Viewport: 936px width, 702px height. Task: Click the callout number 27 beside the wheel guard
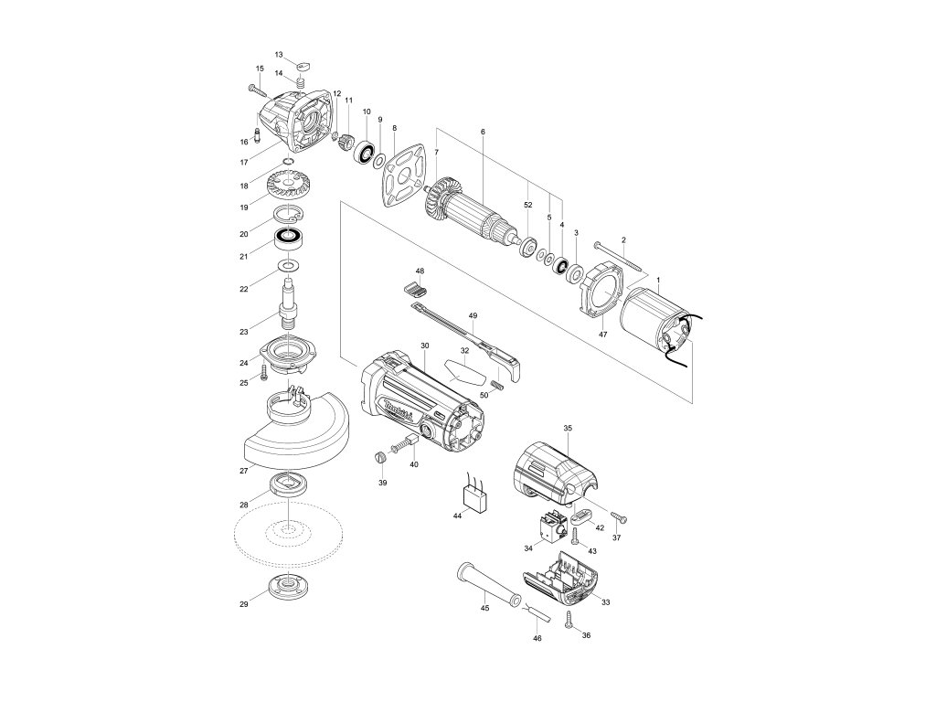point(244,472)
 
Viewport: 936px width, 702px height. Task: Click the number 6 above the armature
point(482,132)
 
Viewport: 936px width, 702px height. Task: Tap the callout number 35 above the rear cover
point(567,428)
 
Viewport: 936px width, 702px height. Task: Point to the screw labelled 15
point(255,90)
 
